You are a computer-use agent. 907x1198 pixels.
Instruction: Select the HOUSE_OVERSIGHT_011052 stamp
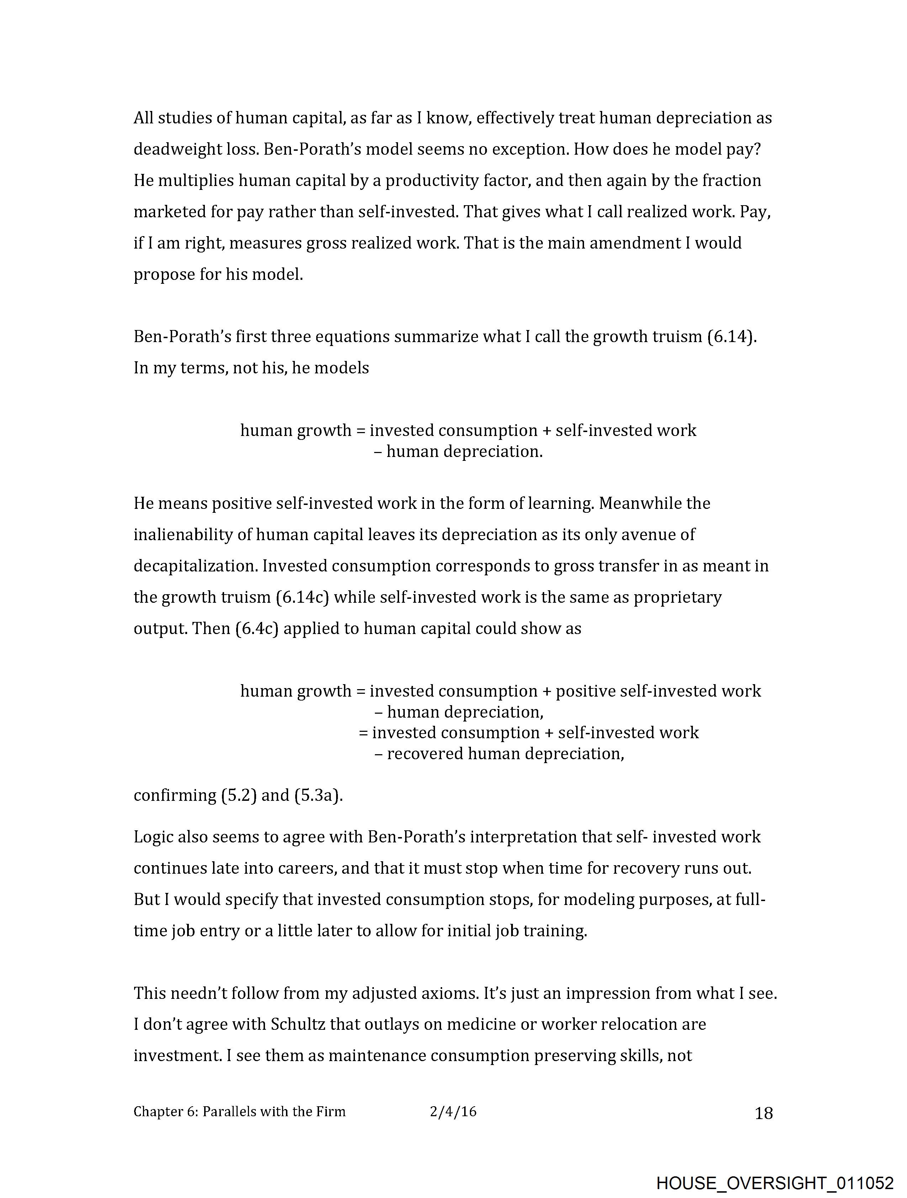pos(775,1183)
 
